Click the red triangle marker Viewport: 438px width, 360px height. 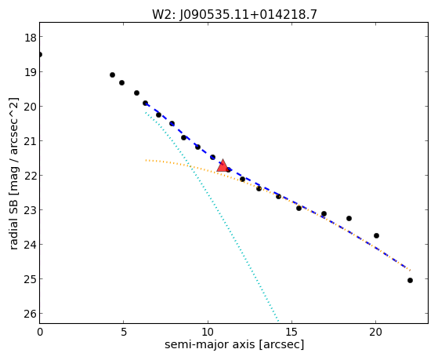click(x=223, y=165)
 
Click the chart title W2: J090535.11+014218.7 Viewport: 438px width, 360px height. click(x=234, y=15)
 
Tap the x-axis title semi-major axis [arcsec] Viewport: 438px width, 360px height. click(x=234, y=344)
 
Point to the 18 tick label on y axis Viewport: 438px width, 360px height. click(x=31, y=38)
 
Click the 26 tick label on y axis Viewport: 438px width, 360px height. click(x=31, y=314)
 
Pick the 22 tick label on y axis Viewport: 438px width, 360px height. click(x=31, y=176)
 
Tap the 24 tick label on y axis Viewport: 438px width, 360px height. click(x=31, y=245)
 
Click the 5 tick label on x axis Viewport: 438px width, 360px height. click(x=124, y=332)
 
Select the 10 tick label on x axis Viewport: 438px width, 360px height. click(x=208, y=332)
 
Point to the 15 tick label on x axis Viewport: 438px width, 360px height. click(x=291, y=332)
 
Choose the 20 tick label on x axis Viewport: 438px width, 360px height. click(x=375, y=332)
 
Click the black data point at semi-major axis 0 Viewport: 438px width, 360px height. click(x=40, y=54)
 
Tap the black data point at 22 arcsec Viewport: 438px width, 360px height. click(x=410, y=280)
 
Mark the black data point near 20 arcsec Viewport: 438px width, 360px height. click(x=376, y=235)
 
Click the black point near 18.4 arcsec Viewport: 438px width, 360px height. click(x=349, y=218)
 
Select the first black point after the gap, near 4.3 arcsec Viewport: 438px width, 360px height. click(x=112, y=75)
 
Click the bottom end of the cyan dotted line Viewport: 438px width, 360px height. click(x=278, y=321)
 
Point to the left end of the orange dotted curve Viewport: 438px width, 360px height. click(x=146, y=160)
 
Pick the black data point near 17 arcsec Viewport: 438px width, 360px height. click(x=324, y=213)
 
